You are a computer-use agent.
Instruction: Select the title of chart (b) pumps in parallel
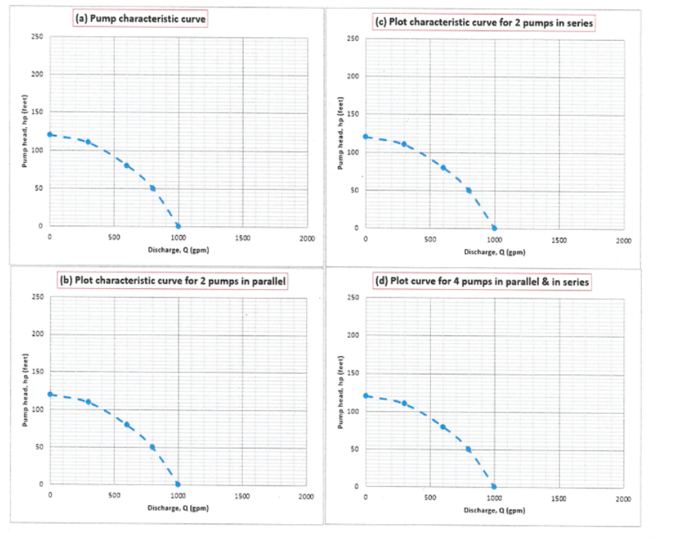click(170, 280)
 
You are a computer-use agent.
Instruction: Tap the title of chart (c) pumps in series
click(483, 22)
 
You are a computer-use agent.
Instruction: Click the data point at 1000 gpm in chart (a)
click(178, 226)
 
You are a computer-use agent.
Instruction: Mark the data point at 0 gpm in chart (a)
click(50, 134)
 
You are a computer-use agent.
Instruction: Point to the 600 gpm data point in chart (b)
click(127, 424)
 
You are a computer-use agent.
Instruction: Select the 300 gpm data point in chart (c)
click(404, 144)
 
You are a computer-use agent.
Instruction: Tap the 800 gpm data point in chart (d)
click(468, 450)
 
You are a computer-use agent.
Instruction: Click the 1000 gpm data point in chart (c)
click(494, 228)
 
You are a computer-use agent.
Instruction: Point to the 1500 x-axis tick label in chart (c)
click(559, 239)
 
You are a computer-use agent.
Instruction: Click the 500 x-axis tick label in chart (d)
click(430, 498)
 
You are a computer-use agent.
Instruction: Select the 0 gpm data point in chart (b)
click(50, 394)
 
